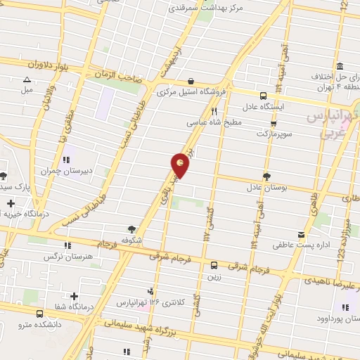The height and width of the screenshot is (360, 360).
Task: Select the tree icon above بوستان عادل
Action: click(266, 176)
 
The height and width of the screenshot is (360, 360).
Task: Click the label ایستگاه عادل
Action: click(281, 108)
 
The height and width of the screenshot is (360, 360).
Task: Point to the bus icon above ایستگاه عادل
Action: click(263, 96)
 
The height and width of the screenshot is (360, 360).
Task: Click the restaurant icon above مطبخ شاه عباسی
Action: click(214, 110)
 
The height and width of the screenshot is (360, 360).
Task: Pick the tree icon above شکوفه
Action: click(131, 229)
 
